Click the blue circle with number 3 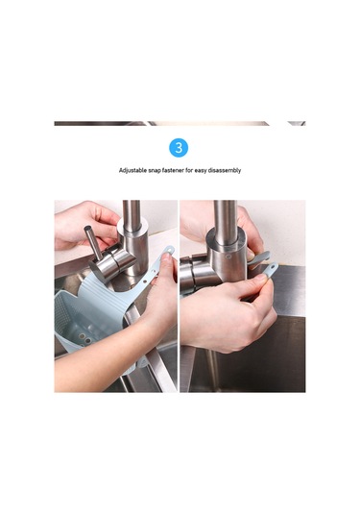180,147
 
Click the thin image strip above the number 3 180,123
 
